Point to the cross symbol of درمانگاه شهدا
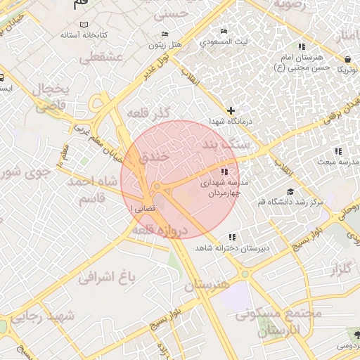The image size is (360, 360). click(x=231, y=110)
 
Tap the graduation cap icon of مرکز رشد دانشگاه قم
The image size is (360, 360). click(x=290, y=192)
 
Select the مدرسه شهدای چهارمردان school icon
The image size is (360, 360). click(x=224, y=172)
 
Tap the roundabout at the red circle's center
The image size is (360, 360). click(x=157, y=186)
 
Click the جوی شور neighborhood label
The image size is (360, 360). click(x=25, y=172)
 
